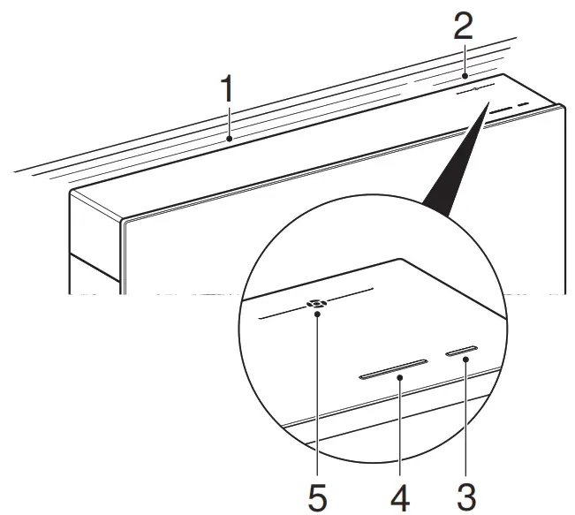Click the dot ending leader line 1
[x=229, y=139]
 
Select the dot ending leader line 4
[x=399, y=377]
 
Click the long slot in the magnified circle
[x=393, y=368]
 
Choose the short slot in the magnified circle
[x=464, y=351]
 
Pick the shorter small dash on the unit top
[x=523, y=104]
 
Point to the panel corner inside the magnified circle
[x=402, y=259]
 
